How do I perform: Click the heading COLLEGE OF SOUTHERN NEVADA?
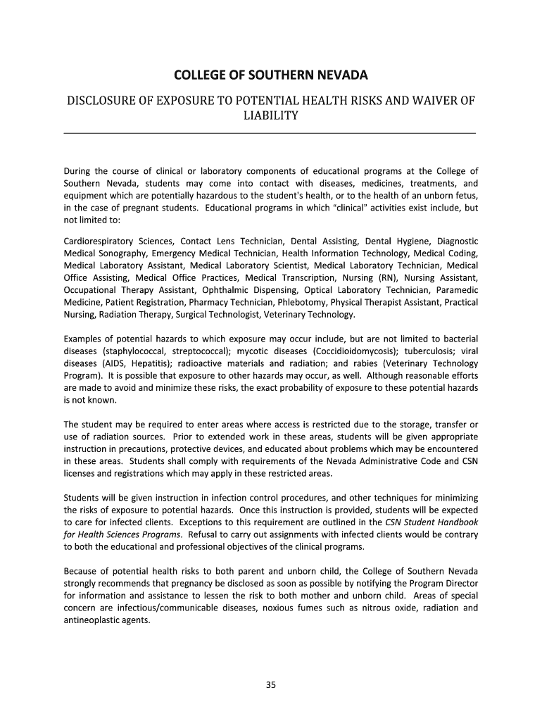tap(271, 76)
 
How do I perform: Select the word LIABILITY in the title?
tap(271, 115)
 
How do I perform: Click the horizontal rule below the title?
tap(270, 132)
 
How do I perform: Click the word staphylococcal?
tap(134, 351)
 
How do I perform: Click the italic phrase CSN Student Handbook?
tap(431, 522)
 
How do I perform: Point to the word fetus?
tap(466, 195)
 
